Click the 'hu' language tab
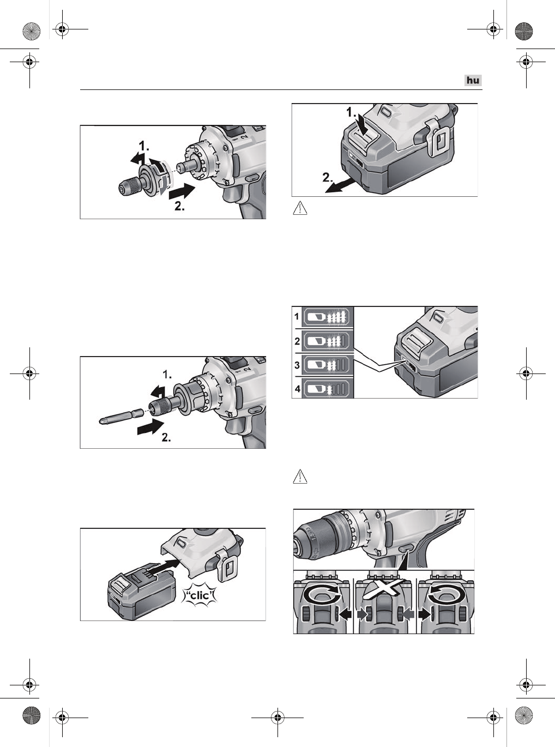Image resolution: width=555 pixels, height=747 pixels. tap(473, 80)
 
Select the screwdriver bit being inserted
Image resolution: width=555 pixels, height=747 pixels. tap(122, 416)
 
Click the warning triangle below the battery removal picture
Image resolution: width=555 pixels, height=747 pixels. tap(300, 208)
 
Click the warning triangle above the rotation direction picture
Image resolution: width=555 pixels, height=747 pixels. tap(300, 477)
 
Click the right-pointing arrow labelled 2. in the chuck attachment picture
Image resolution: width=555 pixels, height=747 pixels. tap(182, 192)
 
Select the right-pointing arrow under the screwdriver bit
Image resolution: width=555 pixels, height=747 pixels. tap(151, 427)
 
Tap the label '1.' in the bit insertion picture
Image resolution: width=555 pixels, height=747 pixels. tap(167, 374)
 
